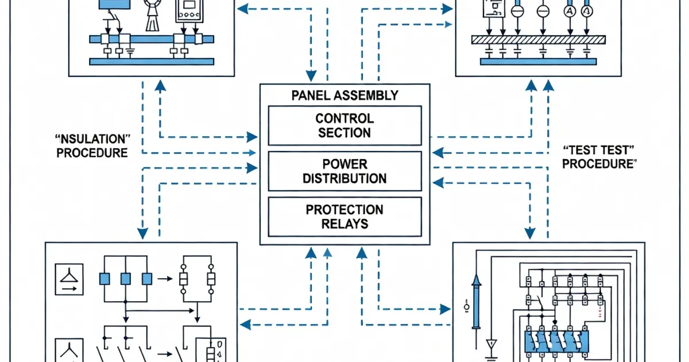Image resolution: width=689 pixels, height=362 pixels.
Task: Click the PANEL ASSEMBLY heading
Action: click(344, 95)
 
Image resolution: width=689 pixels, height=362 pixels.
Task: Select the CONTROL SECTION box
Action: click(344, 125)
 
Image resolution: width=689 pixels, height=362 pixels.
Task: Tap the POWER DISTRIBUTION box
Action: click(344, 171)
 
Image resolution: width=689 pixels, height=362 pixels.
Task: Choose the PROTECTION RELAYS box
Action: click(344, 216)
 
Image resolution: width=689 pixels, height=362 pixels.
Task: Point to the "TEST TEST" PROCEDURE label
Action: click(599, 157)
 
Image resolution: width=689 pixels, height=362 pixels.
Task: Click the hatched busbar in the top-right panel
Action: click(539, 40)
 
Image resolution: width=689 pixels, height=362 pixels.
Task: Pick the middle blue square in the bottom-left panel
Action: click(126, 279)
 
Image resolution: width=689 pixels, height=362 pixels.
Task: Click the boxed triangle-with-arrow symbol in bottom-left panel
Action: click(68, 278)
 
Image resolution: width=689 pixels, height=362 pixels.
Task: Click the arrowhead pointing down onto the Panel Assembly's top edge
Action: click(311, 76)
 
